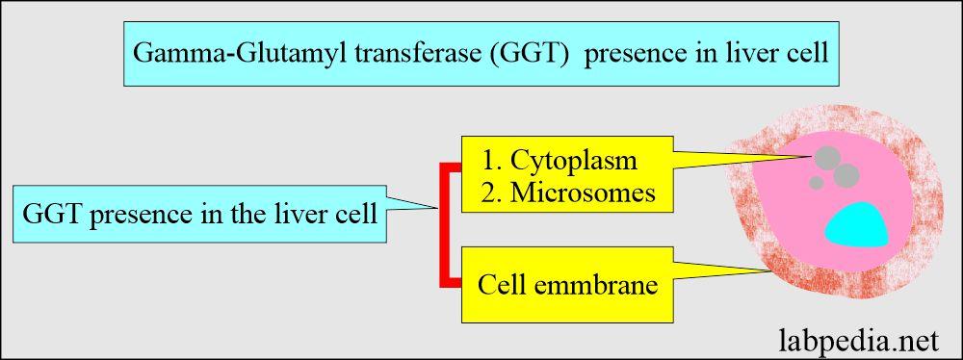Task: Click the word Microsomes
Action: [x=584, y=193]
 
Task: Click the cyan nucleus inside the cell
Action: [x=858, y=224]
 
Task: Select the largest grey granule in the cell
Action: [x=845, y=173]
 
